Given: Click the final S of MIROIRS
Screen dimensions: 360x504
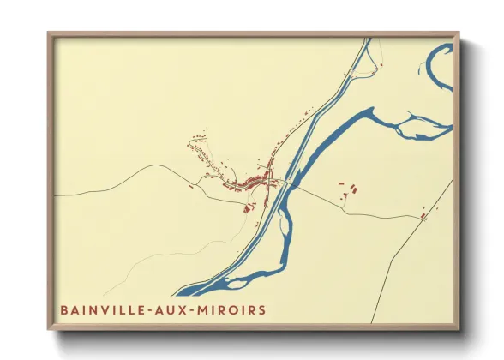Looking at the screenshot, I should (x=262, y=309).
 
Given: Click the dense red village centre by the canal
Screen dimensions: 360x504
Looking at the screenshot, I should (x=255, y=181).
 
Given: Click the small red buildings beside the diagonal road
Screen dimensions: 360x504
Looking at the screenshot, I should (x=423, y=217).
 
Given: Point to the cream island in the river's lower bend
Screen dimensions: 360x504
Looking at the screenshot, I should (x=238, y=280).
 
